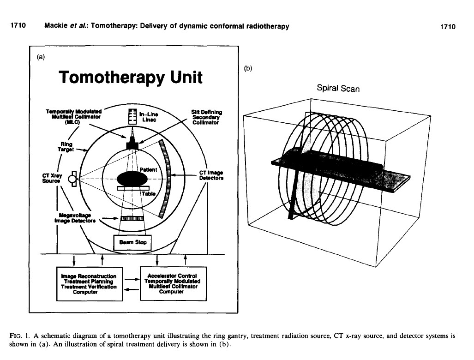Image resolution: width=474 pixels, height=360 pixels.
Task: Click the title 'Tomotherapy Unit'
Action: click(131, 77)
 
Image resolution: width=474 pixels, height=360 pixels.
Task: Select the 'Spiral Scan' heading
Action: click(338, 88)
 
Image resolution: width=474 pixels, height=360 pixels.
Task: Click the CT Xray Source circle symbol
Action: click(72, 179)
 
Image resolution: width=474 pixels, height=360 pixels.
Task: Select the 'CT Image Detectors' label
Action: click(211, 175)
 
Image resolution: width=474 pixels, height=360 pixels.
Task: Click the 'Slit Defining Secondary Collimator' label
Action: click(206, 117)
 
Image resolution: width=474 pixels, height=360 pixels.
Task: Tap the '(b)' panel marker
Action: click(248, 68)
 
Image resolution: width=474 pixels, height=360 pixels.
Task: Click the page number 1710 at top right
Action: click(447, 26)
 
